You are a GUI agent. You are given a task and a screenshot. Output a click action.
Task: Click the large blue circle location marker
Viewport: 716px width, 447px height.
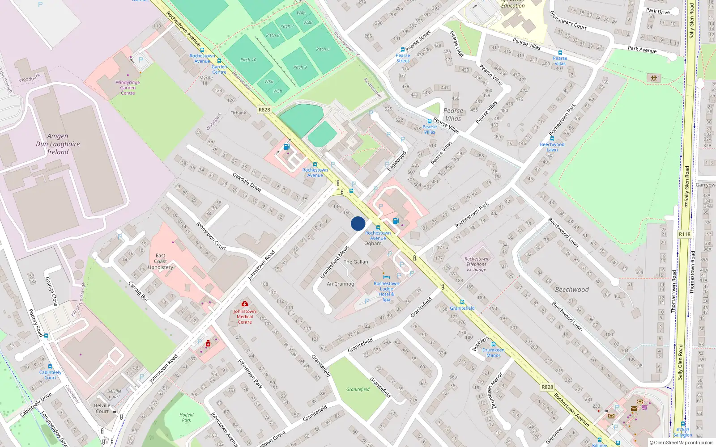[x=358, y=223]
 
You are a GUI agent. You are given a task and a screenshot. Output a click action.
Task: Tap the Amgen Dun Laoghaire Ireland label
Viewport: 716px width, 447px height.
[x=58, y=144]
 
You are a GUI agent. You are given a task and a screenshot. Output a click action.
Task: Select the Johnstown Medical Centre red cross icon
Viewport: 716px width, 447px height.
[x=245, y=304]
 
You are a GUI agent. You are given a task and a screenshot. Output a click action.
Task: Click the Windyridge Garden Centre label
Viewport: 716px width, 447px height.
[x=128, y=88]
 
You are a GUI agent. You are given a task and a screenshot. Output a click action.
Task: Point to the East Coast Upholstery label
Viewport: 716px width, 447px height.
[x=161, y=261]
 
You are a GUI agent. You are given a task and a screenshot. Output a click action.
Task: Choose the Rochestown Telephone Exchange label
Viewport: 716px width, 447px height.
[x=476, y=264]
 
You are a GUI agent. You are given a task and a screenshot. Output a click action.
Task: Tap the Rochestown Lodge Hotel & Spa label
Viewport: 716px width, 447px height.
[x=387, y=291]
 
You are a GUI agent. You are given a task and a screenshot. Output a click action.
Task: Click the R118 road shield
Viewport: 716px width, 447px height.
[x=685, y=234]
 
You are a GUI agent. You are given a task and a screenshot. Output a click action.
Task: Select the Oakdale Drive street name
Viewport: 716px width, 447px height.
[x=247, y=182]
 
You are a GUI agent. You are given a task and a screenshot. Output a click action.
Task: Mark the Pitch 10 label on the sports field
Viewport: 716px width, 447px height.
[x=248, y=60]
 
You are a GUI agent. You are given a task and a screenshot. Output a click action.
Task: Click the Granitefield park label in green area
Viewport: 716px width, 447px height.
[x=358, y=389]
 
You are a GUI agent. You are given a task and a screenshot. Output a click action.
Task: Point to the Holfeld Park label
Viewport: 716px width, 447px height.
[x=187, y=417]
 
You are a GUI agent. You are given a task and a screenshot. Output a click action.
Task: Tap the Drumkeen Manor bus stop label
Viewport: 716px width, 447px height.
[x=493, y=353]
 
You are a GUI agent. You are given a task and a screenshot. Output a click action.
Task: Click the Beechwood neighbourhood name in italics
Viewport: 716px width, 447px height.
[x=572, y=290]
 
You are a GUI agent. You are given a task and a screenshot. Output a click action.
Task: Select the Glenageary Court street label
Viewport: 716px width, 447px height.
[x=568, y=21]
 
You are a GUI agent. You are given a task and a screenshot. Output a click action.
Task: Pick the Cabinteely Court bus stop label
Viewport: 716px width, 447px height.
[x=50, y=375]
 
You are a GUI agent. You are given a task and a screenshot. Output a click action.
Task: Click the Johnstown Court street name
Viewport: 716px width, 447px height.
[x=211, y=236]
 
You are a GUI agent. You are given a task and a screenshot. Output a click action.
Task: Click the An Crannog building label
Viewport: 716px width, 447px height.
[x=340, y=284]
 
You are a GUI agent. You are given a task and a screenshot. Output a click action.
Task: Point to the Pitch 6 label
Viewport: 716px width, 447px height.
[x=323, y=49]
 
